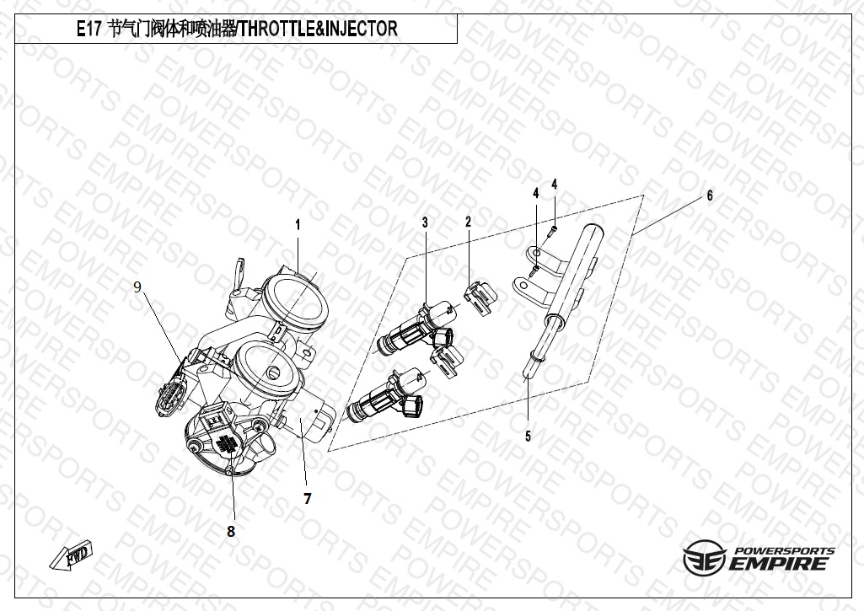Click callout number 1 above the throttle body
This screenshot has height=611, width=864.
[x=298, y=225]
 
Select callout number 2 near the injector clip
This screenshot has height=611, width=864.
[x=469, y=222]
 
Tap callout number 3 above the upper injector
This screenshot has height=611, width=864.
[x=425, y=222]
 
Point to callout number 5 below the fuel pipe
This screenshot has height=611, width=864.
[x=528, y=437]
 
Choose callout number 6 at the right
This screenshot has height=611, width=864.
[x=710, y=196]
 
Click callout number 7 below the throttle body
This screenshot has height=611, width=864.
[x=308, y=499]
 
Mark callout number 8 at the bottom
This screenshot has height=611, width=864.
[x=231, y=531]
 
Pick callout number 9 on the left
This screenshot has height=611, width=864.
[x=137, y=287]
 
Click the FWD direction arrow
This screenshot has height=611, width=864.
[x=72, y=555]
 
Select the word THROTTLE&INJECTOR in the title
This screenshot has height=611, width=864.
[x=319, y=29]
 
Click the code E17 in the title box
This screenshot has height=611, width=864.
[x=89, y=29]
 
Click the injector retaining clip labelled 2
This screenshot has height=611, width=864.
[x=480, y=298]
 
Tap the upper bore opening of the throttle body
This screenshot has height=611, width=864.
[x=295, y=303]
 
